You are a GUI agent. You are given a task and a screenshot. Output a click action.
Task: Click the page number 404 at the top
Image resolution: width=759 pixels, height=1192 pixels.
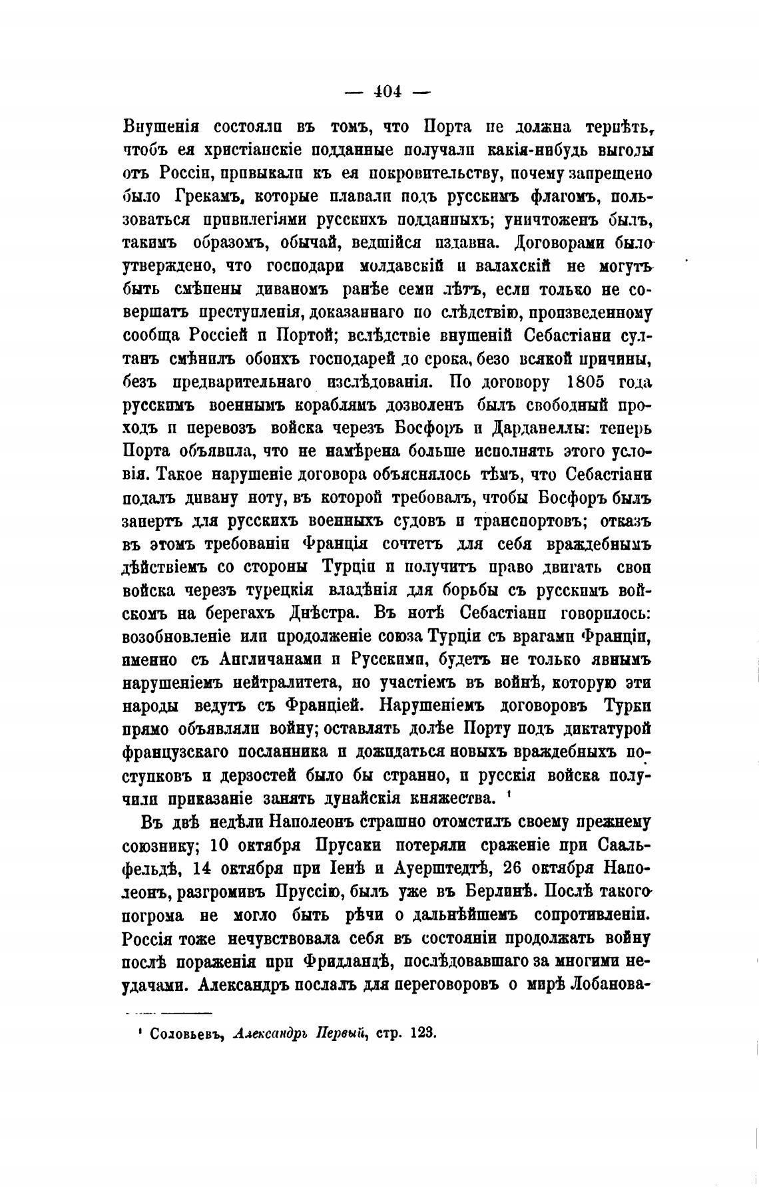389,92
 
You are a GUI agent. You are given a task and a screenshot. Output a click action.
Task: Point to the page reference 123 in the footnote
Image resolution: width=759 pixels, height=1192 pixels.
423,1034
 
